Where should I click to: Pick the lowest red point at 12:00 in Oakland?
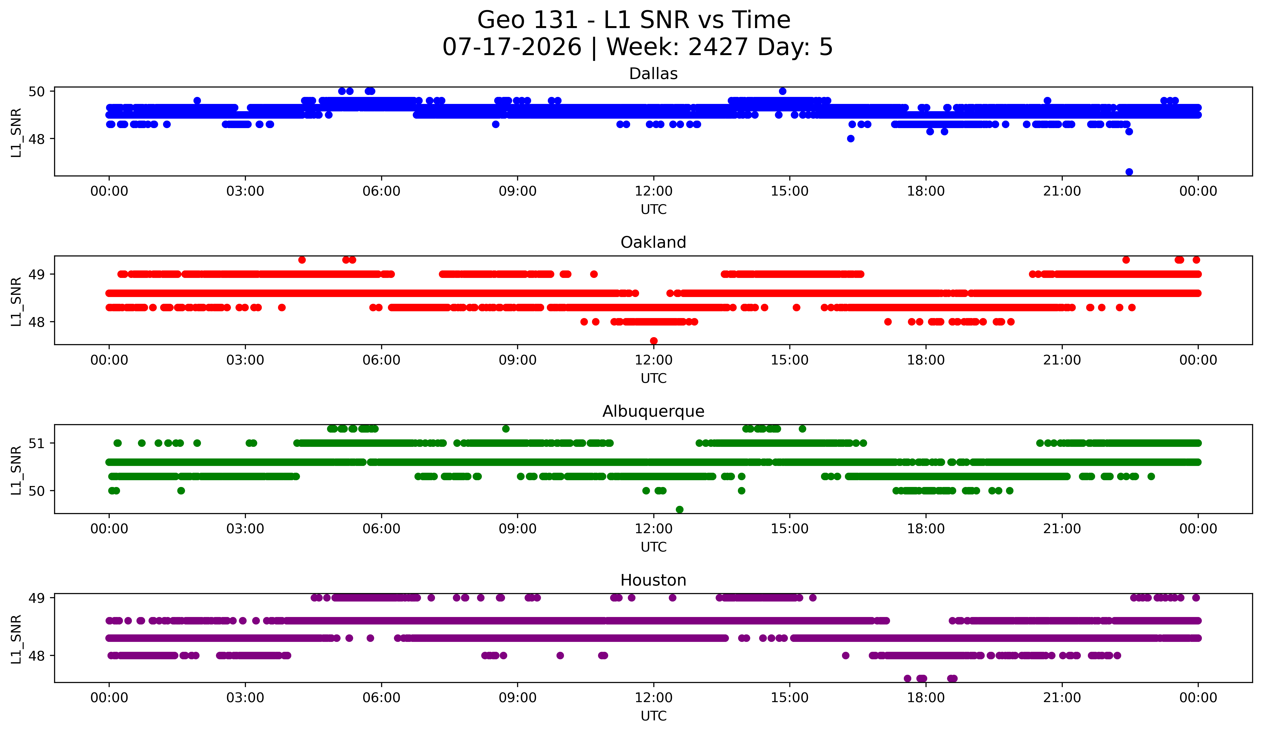[654, 341]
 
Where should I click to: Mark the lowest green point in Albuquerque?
[680, 509]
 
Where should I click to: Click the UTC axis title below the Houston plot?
[654, 716]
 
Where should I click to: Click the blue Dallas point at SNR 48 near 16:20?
[850, 139]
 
